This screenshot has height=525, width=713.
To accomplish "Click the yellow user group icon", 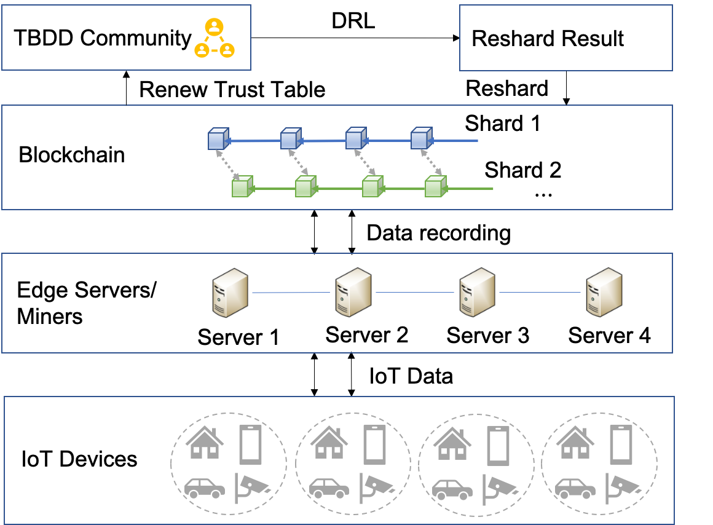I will [x=214, y=38].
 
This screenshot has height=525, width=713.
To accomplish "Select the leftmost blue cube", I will [x=218, y=139].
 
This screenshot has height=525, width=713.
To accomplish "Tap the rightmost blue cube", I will [x=421, y=138].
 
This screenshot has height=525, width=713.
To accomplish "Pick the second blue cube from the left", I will [x=290, y=139].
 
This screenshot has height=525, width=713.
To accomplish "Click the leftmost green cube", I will [x=242, y=186].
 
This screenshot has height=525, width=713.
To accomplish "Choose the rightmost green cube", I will [x=435, y=186].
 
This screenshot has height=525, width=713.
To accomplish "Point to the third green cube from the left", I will [x=372, y=186].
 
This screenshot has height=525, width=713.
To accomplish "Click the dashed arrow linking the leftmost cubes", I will [x=227, y=164].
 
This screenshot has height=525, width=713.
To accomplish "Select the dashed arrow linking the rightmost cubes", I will [x=431, y=162].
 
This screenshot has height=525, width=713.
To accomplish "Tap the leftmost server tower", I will [x=229, y=293].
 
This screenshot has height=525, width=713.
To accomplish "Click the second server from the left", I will [x=352, y=292].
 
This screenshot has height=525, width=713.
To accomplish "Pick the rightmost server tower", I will [x=603, y=292].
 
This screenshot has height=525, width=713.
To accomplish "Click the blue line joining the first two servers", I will [x=290, y=293].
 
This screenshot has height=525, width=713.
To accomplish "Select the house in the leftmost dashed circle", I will [x=205, y=443].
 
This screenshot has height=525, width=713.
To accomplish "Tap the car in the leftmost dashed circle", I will [x=205, y=488].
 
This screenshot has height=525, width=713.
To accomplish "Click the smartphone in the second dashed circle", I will [x=374, y=444].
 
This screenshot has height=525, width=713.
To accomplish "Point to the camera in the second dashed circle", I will [x=376, y=487].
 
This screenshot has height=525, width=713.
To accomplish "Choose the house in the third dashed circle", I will [x=452, y=443].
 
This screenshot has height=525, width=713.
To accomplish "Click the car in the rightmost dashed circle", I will [x=575, y=488].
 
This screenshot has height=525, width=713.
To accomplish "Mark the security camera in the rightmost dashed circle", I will [x=622, y=487].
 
